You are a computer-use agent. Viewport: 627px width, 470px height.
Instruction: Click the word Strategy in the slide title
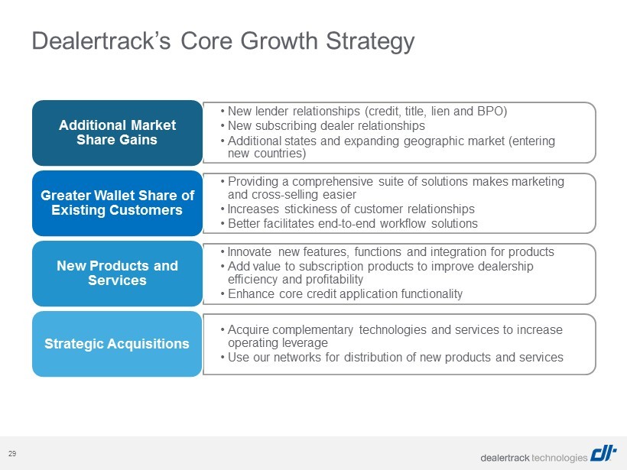coord(370,41)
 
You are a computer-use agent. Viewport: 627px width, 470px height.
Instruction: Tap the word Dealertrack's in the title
coord(101,41)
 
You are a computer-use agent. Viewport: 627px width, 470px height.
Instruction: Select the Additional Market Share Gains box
coord(117,133)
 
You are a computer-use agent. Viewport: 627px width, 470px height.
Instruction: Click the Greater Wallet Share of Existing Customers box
coord(117,203)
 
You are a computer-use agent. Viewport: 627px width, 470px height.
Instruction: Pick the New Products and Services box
coord(117,274)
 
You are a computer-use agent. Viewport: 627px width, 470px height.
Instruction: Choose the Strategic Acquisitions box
coord(117,344)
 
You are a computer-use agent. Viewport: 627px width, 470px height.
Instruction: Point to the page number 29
coord(12,454)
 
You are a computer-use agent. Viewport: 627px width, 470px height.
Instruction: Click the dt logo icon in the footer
coord(604,454)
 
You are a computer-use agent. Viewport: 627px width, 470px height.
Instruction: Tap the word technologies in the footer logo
coord(560,458)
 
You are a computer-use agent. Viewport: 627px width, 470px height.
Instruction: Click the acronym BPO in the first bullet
coord(492,111)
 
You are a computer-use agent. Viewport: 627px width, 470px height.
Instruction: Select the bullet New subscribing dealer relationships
coord(323,126)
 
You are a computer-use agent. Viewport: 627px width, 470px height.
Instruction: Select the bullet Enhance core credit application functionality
coord(342,294)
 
